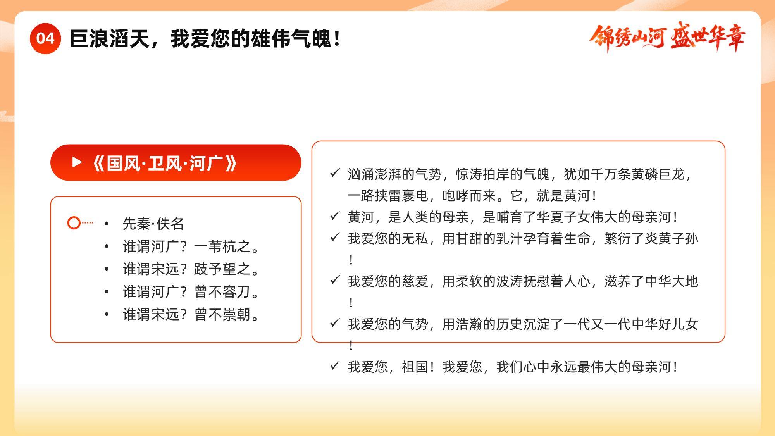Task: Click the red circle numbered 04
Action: [x=45, y=38]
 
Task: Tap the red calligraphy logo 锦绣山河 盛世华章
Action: [x=667, y=38]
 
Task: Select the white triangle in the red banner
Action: [x=77, y=162]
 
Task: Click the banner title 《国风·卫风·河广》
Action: [x=165, y=163]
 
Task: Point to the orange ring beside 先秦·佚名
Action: [x=74, y=223]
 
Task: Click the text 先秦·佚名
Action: [x=153, y=224]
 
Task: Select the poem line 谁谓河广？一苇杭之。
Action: [x=191, y=246]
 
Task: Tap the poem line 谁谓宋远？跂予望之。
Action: [x=191, y=269]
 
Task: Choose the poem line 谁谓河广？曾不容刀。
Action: [x=191, y=291]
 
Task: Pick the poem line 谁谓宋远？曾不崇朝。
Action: [x=191, y=314]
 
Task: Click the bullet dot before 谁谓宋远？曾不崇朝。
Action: [x=107, y=314]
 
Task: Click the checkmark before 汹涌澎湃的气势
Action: [x=335, y=173]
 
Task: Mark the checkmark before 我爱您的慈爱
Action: [x=335, y=279]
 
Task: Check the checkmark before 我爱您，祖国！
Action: [x=335, y=365]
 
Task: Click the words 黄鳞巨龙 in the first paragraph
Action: [x=658, y=174]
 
